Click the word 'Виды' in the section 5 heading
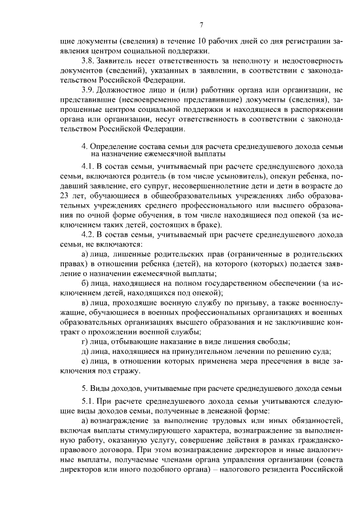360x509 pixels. click(101, 389)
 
